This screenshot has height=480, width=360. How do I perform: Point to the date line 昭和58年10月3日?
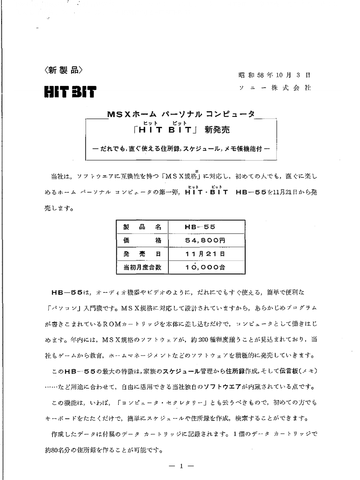[x=274, y=75]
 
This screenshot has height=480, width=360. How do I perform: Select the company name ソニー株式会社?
[x=274, y=88]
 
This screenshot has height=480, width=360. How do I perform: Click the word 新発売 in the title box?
[x=218, y=130]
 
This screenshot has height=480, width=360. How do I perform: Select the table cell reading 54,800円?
[x=200, y=241]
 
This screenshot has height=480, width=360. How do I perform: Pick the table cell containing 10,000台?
[x=200, y=267]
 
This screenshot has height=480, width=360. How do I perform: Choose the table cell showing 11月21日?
[x=200, y=254]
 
